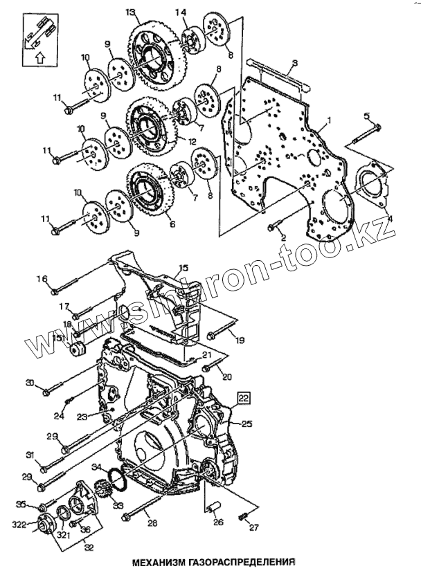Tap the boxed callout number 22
[x=244, y=397]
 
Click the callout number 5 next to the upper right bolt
[x=367, y=116]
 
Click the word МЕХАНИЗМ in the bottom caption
[x=161, y=561]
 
